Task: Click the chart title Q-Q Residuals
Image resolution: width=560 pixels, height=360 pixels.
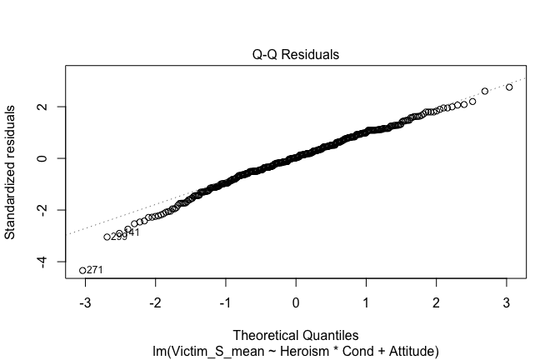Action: coord(296,55)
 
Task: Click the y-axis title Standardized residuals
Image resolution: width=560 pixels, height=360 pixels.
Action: coord(11,172)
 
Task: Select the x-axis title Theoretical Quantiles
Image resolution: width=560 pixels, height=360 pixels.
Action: coord(296,335)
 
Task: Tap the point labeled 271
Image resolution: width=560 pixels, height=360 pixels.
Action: coord(82,270)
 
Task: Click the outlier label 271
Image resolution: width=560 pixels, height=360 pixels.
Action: coord(94,270)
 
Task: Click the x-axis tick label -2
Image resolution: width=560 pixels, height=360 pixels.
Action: coord(153,301)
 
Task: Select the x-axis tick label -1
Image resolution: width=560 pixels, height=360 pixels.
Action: coord(224,301)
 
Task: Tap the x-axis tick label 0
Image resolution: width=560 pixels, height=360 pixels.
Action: coord(296,301)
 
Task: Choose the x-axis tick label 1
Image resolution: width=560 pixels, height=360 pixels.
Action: coord(367,301)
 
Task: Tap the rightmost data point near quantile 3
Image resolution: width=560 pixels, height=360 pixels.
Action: coord(509,87)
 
